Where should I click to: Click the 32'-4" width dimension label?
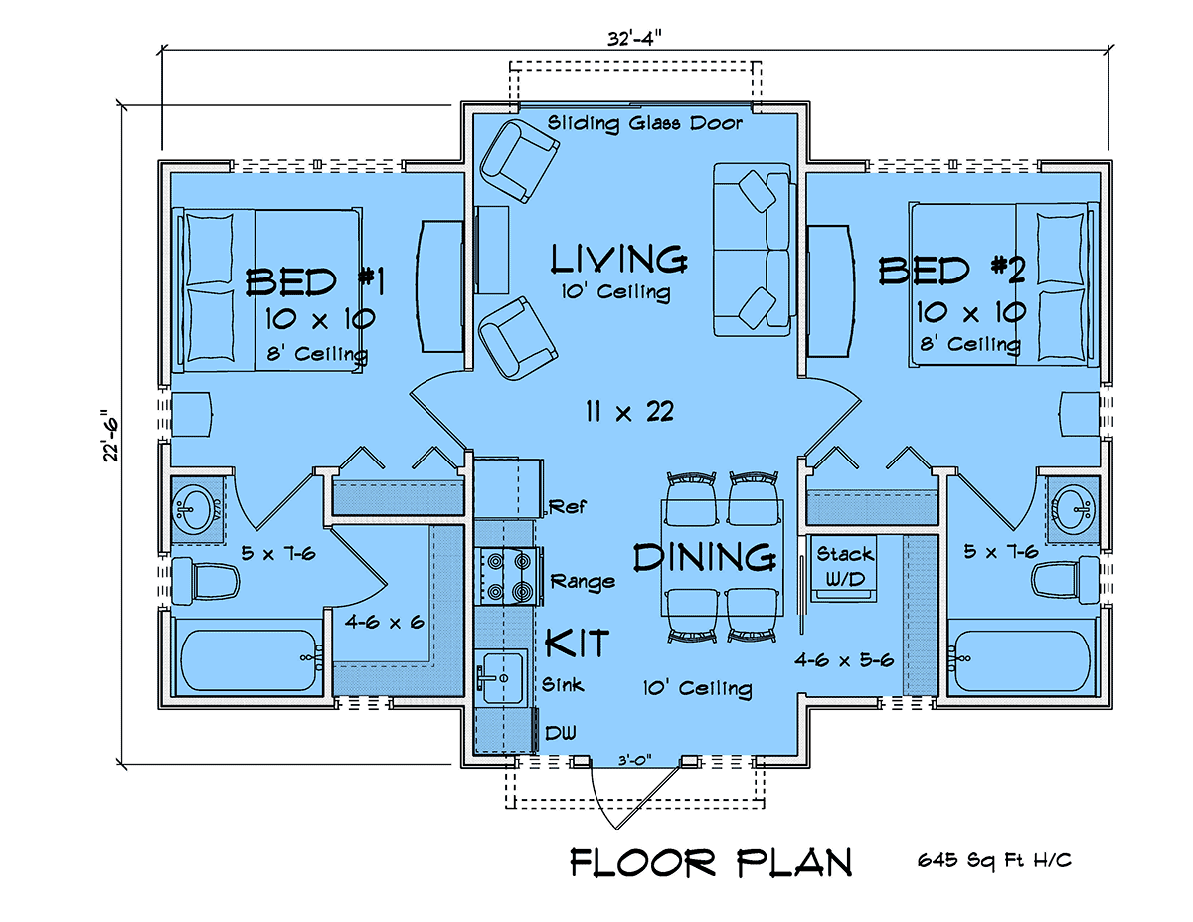pyautogui.click(x=634, y=39)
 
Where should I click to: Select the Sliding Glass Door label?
pyautogui.click(x=644, y=123)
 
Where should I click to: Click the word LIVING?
pyautogui.click(x=618, y=260)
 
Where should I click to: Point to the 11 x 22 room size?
pyautogui.click(x=629, y=412)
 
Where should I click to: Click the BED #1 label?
pyautogui.click(x=315, y=282)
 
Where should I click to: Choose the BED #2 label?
pyautogui.click(x=951, y=271)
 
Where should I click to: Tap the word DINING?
pyautogui.click(x=705, y=557)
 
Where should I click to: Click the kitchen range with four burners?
pyautogui.click(x=509, y=576)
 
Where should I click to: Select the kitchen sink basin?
pyautogui.click(x=502, y=677)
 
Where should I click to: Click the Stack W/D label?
pyautogui.click(x=844, y=566)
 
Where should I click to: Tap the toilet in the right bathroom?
pyautogui.click(x=1065, y=577)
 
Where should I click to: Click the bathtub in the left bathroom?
pyautogui.click(x=249, y=660)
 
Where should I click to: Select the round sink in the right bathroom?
pyautogui.click(x=1076, y=510)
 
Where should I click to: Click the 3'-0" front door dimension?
pyautogui.click(x=635, y=760)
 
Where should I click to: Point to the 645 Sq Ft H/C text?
pyautogui.click(x=994, y=860)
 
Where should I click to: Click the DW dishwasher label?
pyautogui.click(x=561, y=733)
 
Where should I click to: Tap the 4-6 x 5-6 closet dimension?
pyautogui.click(x=844, y=660)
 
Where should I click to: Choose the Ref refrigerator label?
pyautogui.click(x=568, y=505)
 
